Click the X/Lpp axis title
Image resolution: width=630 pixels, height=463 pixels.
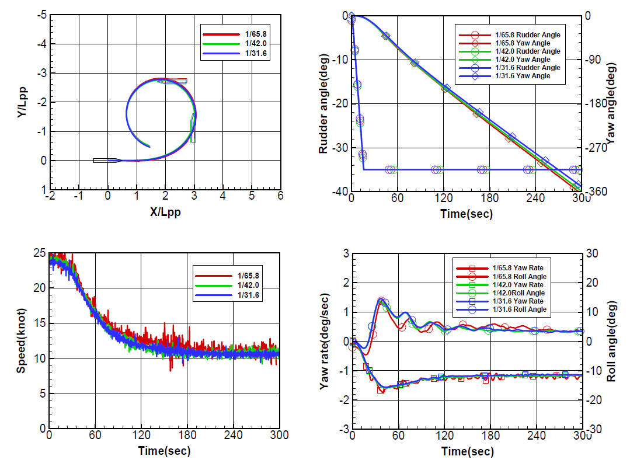(165, 212)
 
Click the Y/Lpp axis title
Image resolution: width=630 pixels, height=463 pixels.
(22, 102)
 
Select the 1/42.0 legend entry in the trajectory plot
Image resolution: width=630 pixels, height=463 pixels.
(235, 44)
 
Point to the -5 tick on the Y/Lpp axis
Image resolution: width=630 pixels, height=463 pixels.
(42, 15)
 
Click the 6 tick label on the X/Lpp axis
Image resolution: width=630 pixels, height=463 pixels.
(280, 196)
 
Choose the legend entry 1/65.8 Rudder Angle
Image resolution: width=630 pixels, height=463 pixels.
(510, 35)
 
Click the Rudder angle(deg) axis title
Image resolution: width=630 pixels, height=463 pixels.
(323, 104)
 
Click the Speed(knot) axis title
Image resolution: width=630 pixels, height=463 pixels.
(21, 341)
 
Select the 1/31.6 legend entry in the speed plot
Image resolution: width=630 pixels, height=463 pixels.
(227, 295)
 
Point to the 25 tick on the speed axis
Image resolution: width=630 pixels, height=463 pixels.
(40, 253)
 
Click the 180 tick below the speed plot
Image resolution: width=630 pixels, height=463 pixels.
(187, 436)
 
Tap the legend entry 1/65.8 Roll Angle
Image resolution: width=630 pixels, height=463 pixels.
(502, 277)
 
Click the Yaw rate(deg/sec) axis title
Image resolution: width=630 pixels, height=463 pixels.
(324, 342)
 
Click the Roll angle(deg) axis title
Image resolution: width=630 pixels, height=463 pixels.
(611, 341)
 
